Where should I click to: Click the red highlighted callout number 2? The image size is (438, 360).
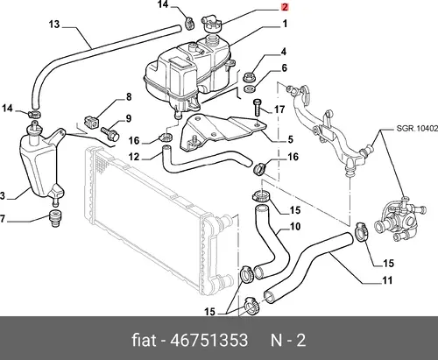[x=285, y=7]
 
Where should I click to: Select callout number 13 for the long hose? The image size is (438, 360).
[x=54, y=24]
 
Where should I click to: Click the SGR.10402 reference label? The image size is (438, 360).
[x=417, y=128]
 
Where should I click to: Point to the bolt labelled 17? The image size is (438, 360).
[x=257, y=108]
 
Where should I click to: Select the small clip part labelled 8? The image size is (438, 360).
[x=91, y=123]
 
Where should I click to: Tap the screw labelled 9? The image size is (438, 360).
[x=109, y=133]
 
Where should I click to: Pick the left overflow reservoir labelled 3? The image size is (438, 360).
[x=41, y=164]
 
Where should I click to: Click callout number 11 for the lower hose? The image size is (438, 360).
[x=387, y=280]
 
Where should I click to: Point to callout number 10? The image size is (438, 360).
[x=295, y=227]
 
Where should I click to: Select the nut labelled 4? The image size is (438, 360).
[x=249, y=77]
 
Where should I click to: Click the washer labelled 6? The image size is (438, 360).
[x=249, y=89]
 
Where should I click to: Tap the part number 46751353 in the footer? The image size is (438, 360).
[x=208, y=341]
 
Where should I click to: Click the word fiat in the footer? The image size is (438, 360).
[x=144, y=340]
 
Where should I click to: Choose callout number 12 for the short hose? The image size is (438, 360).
[x=134, y=157]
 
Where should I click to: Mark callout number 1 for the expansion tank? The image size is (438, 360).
[x=285, y=24]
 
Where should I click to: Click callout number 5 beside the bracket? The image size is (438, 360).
[x=290, y=139]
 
